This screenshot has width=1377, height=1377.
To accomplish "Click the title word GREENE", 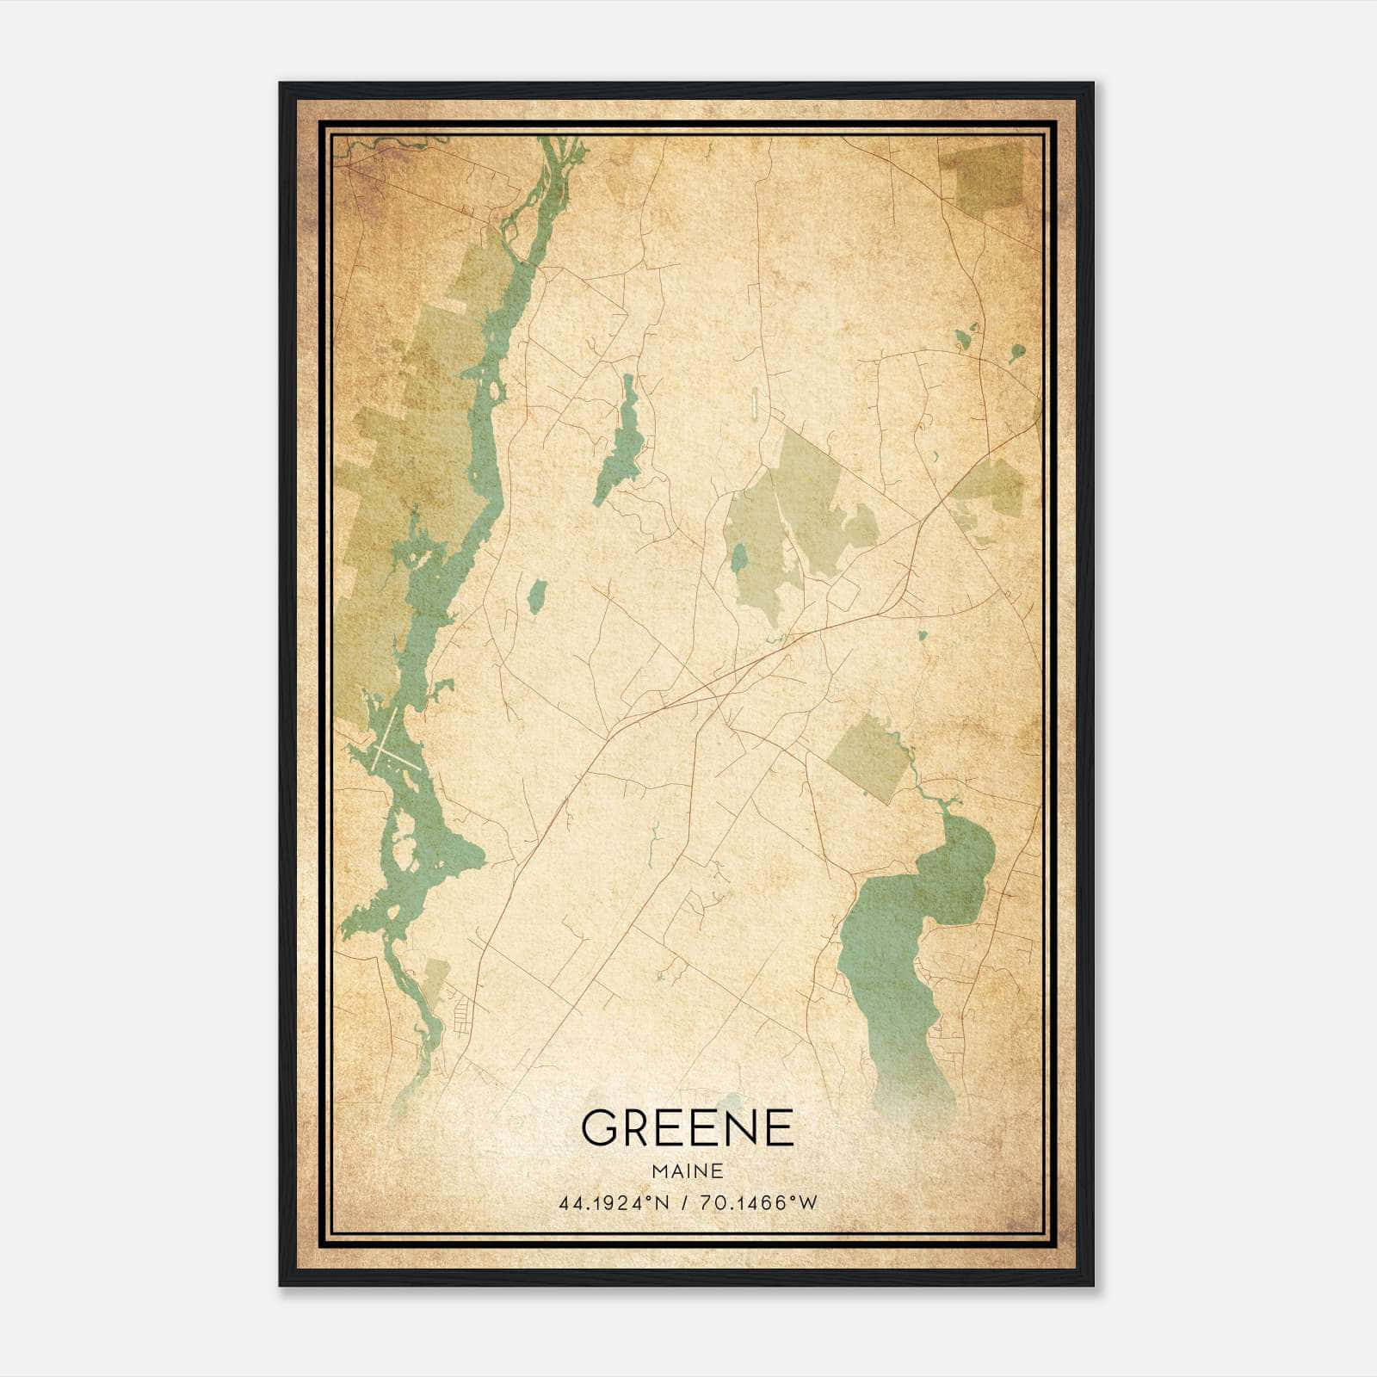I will (687, 1127).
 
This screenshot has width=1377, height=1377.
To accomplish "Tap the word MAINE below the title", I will (687, 1170).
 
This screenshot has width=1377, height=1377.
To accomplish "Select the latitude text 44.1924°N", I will (614, 1203).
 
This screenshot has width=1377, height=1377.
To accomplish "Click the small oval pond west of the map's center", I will (537, 595).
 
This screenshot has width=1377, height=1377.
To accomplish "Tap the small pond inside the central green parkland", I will (738, 558).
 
